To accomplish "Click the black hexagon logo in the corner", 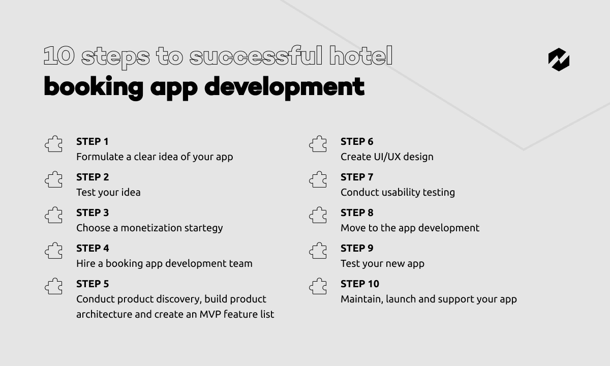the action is (x=559, y=59).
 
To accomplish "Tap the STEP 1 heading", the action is (x=93, y=142).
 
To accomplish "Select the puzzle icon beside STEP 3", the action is (x=53, y=215).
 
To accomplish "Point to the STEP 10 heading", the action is (x=360, y=284).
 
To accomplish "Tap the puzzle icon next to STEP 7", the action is (x=318, y=179).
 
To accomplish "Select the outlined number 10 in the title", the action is (x=59, y=55).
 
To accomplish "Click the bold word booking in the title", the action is (x=94, y=87).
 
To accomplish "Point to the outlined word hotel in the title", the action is (x=361, y=55).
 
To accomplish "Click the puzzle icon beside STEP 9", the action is (x=318, y=251).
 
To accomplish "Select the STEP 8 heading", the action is (x=357, y=212).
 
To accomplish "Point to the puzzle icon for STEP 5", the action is (x=53, y=286).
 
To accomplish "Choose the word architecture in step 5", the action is (x=104, y=314).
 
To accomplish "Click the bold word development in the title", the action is (x=284, y=87).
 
